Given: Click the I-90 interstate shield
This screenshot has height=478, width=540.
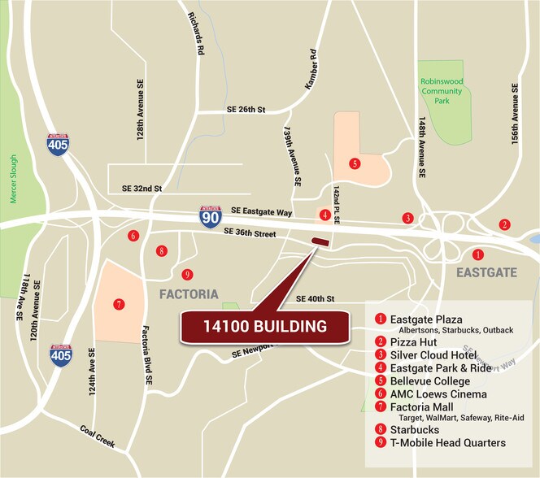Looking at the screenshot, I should pyautogui.click(x=211, y=216).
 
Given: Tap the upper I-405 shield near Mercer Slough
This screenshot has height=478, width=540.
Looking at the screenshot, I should pyautogui.click(x=58, y=145).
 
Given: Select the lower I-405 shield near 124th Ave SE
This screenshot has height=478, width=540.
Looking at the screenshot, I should pyautogui.click(x=60, y=355).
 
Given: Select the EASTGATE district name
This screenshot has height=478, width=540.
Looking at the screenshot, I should pyautogui.click(x=486, y=272).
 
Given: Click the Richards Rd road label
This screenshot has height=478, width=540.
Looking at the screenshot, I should pyautogui.click(x=195, y=33).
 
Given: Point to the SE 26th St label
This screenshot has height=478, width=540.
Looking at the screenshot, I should pyautogui.click(x=246, y=110).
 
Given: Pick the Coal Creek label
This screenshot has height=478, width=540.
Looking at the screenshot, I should pyautogui.click(x=98, y=438).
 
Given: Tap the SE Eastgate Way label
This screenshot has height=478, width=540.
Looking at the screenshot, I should pyautogui.click(x=259, y=211).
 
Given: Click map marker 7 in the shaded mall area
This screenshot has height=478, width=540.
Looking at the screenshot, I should pyautogui.click(x=119, y=304).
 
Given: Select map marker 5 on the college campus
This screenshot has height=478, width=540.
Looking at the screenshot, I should pyautogui.click(x=354, y=163).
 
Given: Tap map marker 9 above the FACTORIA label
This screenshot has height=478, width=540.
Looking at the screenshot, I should pyautogui.click(x=187, y=274).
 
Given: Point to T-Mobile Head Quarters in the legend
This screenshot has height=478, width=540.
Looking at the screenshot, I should pyautogui.click(x=447, y=443).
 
